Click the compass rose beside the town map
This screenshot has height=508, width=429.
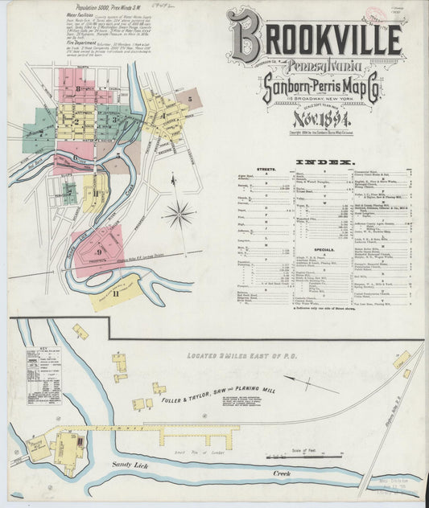click(179, 215)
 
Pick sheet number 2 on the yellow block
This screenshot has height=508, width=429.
click(76, 122)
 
